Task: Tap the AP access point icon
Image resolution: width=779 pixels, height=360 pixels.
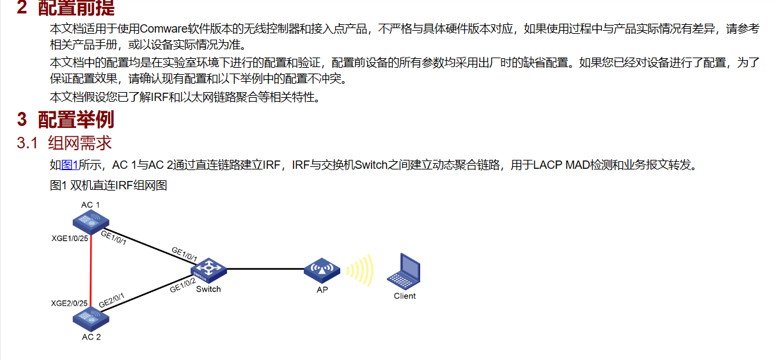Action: [322, 271]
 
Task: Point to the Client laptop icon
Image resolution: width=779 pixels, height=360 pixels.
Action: [404, 271]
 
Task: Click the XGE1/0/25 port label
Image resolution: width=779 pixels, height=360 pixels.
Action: [69, 239]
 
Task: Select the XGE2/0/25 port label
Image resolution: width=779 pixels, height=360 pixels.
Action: [69, 302]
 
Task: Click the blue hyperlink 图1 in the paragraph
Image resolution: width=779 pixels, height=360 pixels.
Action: [69, 166]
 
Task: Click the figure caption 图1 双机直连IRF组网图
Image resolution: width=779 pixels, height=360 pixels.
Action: [108, 185]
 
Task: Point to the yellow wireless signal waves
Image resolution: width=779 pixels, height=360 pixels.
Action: [360, 270]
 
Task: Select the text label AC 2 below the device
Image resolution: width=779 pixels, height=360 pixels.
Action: [91, 337]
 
